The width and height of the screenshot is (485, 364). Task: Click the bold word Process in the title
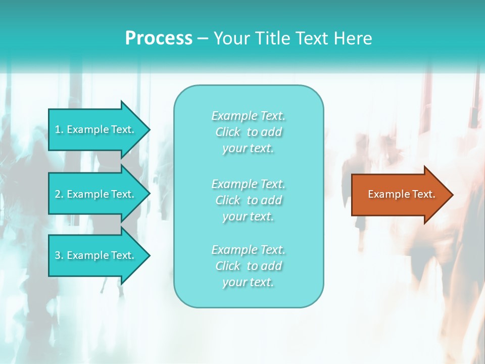tap(159, 38)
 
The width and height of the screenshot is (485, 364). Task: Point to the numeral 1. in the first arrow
tap(59, 129)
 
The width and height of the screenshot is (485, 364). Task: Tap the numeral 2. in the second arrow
tap(59, 194)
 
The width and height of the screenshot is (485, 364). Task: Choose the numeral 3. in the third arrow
tap(59, 255)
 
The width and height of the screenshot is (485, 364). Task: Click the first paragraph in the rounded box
tap(248, 132)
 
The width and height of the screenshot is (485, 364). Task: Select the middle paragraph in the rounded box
tap(248, 200)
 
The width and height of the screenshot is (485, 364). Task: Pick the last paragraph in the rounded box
tap(248, 266)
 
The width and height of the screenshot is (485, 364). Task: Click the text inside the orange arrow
tap(402, 194)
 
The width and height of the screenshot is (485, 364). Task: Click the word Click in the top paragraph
tap(228, 132)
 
